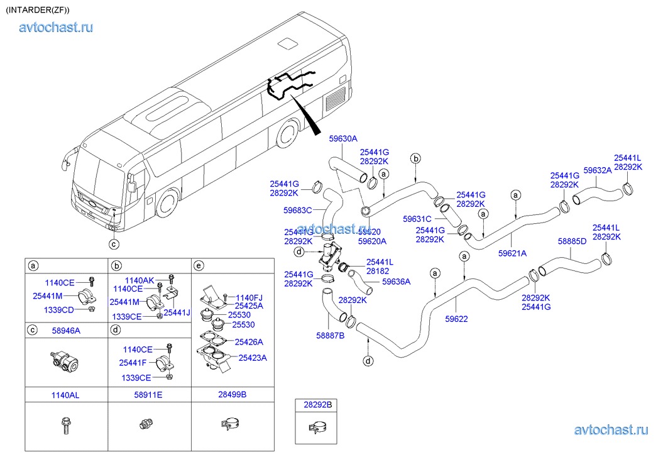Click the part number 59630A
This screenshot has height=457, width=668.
coord(343,139)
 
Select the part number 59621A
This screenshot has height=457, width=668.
coord(512,253)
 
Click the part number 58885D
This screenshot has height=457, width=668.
coord(572,241)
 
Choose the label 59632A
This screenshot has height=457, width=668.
coord(597,170)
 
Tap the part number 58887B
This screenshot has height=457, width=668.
coord(330,336)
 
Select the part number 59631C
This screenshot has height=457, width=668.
coord(418,219)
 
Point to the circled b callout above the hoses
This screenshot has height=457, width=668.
coord(415,158)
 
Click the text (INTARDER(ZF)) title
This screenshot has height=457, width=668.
coord(38,10)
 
